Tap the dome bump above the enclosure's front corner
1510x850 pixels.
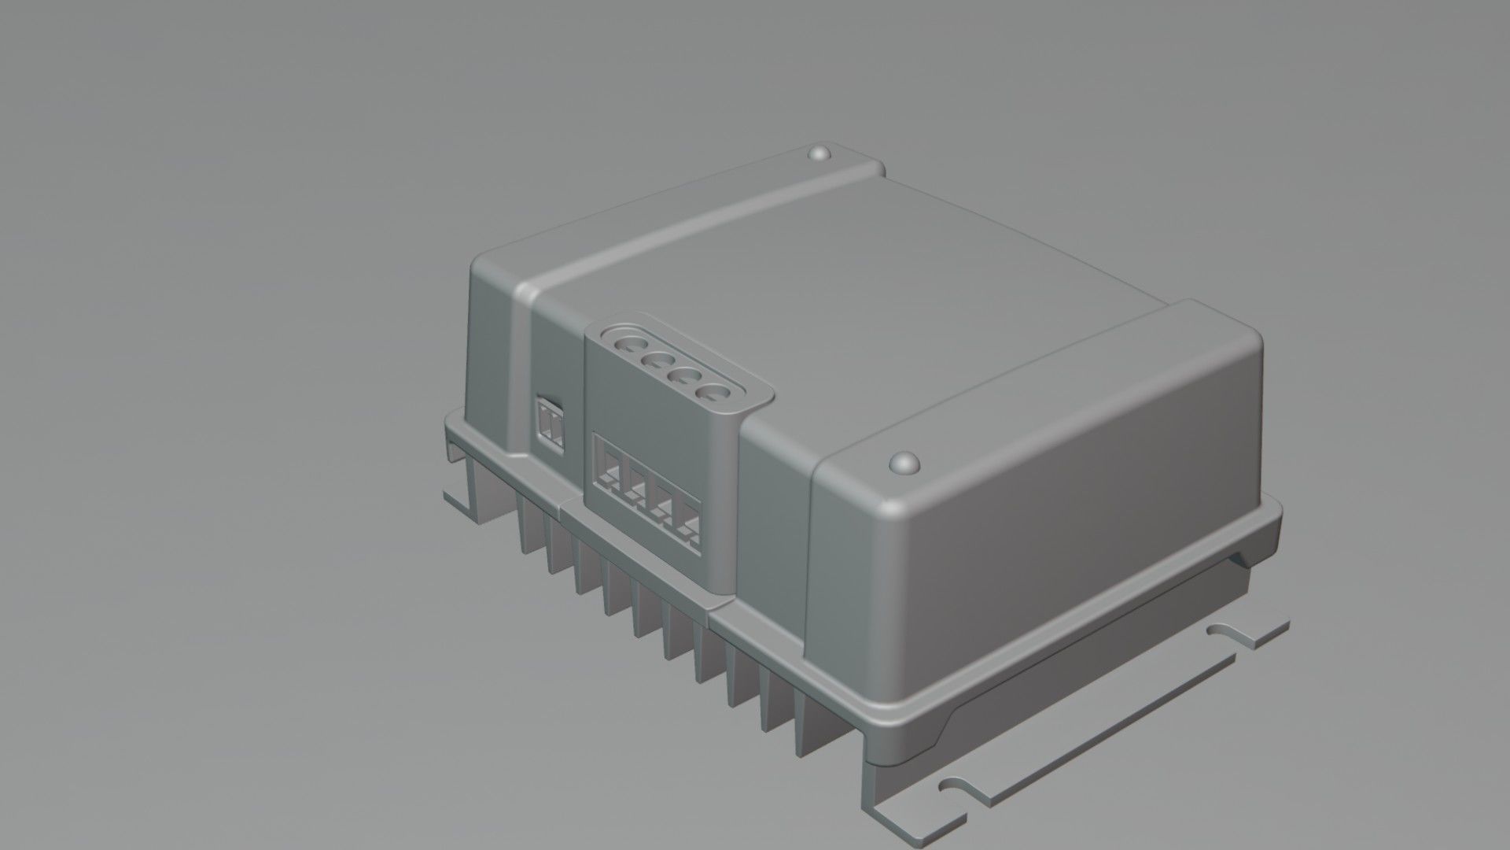[x=904, y=462]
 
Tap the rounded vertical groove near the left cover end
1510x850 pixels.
[x=521, y=370]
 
